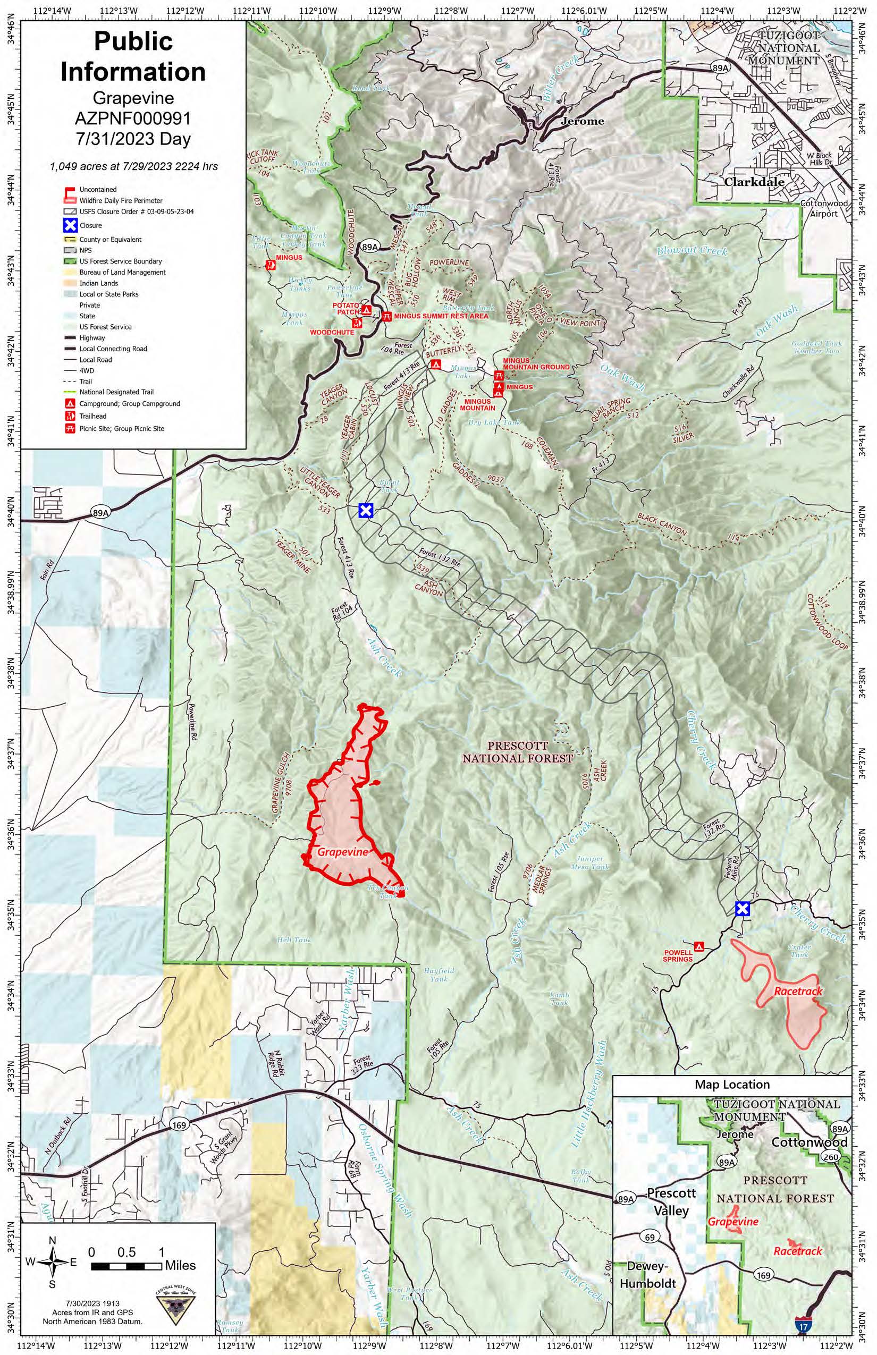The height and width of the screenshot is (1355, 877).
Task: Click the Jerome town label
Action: coord(582,121)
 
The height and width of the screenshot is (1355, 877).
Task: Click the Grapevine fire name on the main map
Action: coord(343,852)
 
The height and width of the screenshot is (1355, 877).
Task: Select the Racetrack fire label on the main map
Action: coord(798,991)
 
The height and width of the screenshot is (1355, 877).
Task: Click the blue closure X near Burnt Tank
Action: coord(366,511)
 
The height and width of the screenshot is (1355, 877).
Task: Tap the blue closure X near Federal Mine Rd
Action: coord(741,909)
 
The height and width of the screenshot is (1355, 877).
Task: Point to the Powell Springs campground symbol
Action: coord(700,947)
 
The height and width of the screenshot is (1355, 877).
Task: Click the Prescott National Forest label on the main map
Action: coord(517,751)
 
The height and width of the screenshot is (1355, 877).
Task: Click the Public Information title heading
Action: coord(133,56)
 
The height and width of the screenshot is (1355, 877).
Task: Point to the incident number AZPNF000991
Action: coord(133,118)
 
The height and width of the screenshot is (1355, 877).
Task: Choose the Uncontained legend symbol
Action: coord(70,190)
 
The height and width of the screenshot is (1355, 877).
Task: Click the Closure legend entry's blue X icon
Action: coord(71,225)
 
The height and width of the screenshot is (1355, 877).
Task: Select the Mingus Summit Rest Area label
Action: coord(441,316)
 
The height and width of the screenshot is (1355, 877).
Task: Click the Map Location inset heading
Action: coord(732,1085)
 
